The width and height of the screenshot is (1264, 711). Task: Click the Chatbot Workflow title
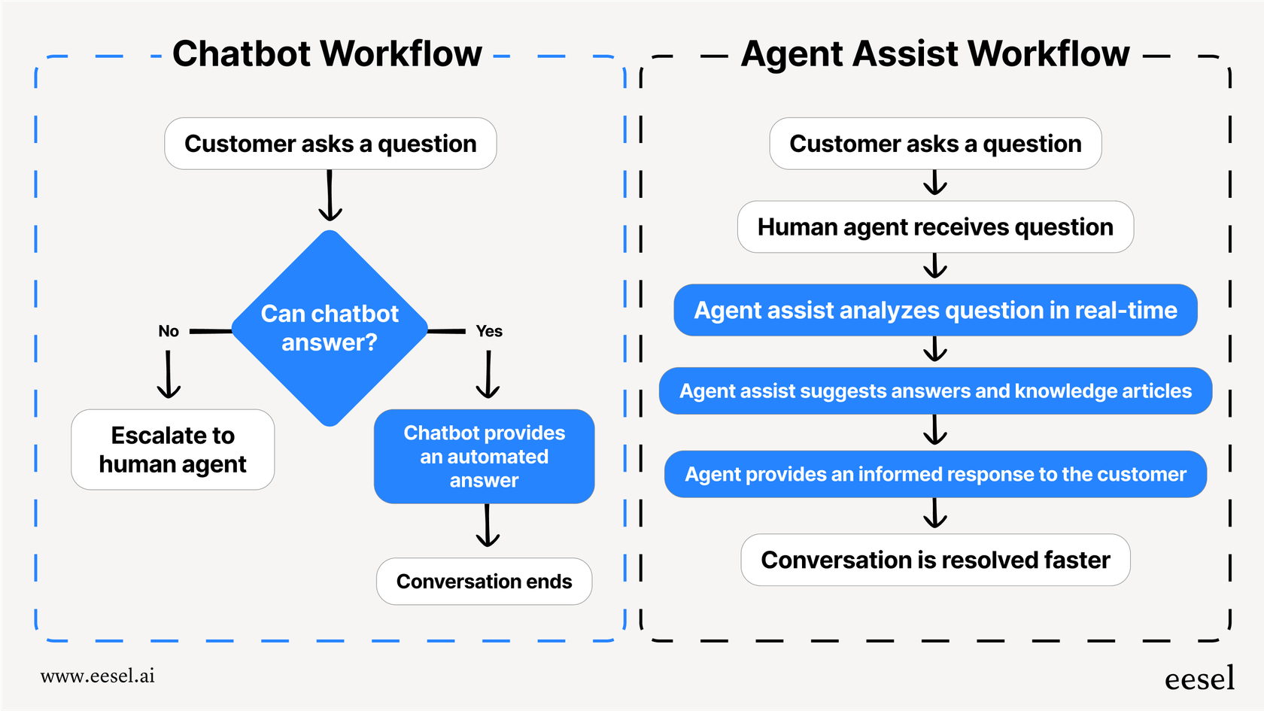327,54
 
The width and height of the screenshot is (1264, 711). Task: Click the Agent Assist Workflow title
934,54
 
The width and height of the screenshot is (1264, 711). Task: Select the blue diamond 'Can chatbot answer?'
330,328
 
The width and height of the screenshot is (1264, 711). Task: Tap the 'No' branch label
169,331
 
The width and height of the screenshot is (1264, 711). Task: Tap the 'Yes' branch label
489,331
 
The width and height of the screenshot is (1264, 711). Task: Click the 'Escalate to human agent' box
173,450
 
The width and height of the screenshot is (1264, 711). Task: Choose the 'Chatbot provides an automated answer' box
484,457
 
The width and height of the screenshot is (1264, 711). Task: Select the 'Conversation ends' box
484,582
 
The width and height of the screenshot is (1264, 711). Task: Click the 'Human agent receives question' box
935,227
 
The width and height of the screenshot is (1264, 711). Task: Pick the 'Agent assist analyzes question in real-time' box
935,310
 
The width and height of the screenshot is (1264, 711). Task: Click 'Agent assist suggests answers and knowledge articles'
935,391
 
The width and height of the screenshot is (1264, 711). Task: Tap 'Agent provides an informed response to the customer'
935,474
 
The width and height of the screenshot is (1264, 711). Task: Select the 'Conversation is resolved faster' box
935,560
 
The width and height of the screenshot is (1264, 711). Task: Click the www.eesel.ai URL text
98,676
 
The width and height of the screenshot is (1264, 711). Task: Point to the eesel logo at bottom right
1199,679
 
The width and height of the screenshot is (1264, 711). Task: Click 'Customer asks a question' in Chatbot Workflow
330,144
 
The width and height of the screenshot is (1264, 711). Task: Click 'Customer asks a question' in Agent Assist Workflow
935,144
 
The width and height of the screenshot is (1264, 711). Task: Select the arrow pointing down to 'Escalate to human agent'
169,375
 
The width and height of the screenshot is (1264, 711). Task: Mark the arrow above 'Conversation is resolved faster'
935,515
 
